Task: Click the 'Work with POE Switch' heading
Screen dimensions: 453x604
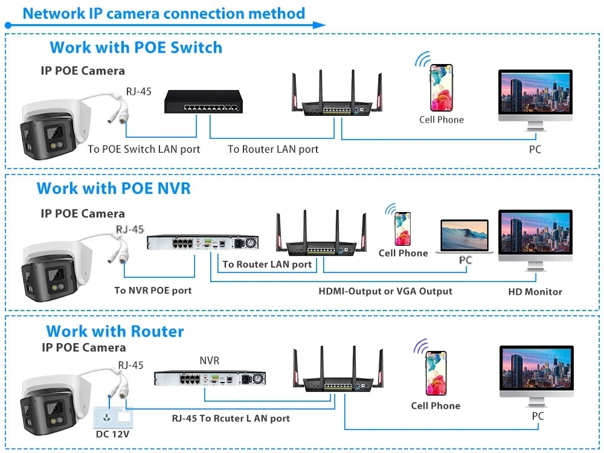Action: [136, 47]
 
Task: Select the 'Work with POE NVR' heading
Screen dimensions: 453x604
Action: [114, 188]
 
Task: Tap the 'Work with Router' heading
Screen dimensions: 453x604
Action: [115, 331]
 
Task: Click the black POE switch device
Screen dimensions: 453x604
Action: [203, 101]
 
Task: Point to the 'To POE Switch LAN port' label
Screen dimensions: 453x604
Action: [144, 149]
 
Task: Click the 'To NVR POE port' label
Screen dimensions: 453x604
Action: [153, 291]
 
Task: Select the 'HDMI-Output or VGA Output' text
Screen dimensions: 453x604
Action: [385, 291]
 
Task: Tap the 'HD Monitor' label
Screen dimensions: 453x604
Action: [535, 292]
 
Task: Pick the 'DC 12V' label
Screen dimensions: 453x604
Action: [113, 434]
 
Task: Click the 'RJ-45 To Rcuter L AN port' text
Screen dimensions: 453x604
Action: [231, 418]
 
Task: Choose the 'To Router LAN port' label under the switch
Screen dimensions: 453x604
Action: [273, 149]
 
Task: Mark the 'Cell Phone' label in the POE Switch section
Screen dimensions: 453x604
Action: [442, 120]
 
